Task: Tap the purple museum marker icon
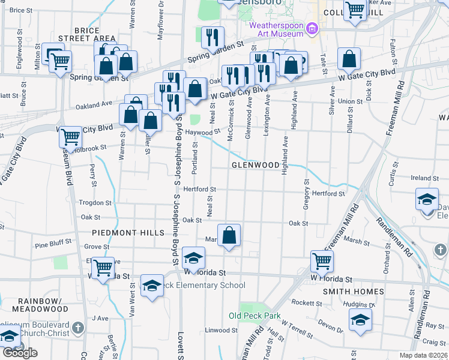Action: [311, 28]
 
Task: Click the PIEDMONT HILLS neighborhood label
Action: [128, 232]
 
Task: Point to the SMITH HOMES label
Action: [361, 292]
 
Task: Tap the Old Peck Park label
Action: [255, 316]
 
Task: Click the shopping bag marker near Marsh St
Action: [229, 235]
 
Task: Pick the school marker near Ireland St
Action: [427, 199]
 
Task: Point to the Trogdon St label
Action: [92, 202]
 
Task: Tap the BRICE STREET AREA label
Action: [95, 34]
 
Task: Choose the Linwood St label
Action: [222, 330]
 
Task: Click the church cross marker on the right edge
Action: [439, 248]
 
